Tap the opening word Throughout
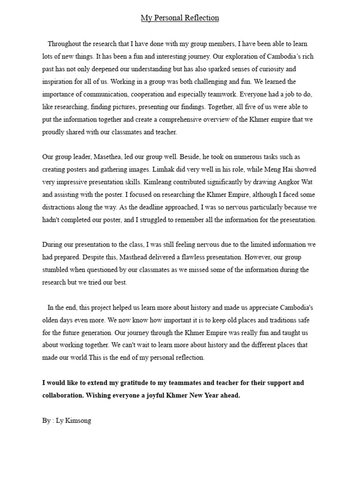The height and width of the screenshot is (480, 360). point(66,44)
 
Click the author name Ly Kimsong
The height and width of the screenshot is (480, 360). point(74,420)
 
